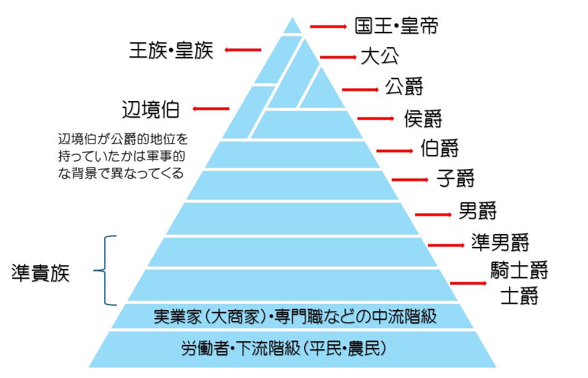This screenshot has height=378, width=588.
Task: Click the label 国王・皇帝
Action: (x=397, y=26)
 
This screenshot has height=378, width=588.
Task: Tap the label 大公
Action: (x=380, y=56)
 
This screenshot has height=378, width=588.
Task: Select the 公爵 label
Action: (x=404, y=86)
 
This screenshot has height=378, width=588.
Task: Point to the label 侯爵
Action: (x=423, y=117)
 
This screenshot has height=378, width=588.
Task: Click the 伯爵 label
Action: (x=440, y=148)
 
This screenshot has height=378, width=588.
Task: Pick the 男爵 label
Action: (x=478, y=211)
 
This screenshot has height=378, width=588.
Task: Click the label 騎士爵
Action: (x=519, y=270)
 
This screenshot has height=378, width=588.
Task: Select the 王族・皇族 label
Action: (x=171, y=50)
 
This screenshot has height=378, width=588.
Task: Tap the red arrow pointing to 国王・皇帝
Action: (x=329, y=26)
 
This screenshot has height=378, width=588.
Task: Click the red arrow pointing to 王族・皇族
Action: (x=243, y=50)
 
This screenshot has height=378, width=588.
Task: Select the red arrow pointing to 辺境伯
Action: (x=211, y=109)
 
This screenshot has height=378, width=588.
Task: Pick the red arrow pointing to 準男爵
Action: (x=446, y=245)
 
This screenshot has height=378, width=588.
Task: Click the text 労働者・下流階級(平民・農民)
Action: (x=283, y=349)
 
